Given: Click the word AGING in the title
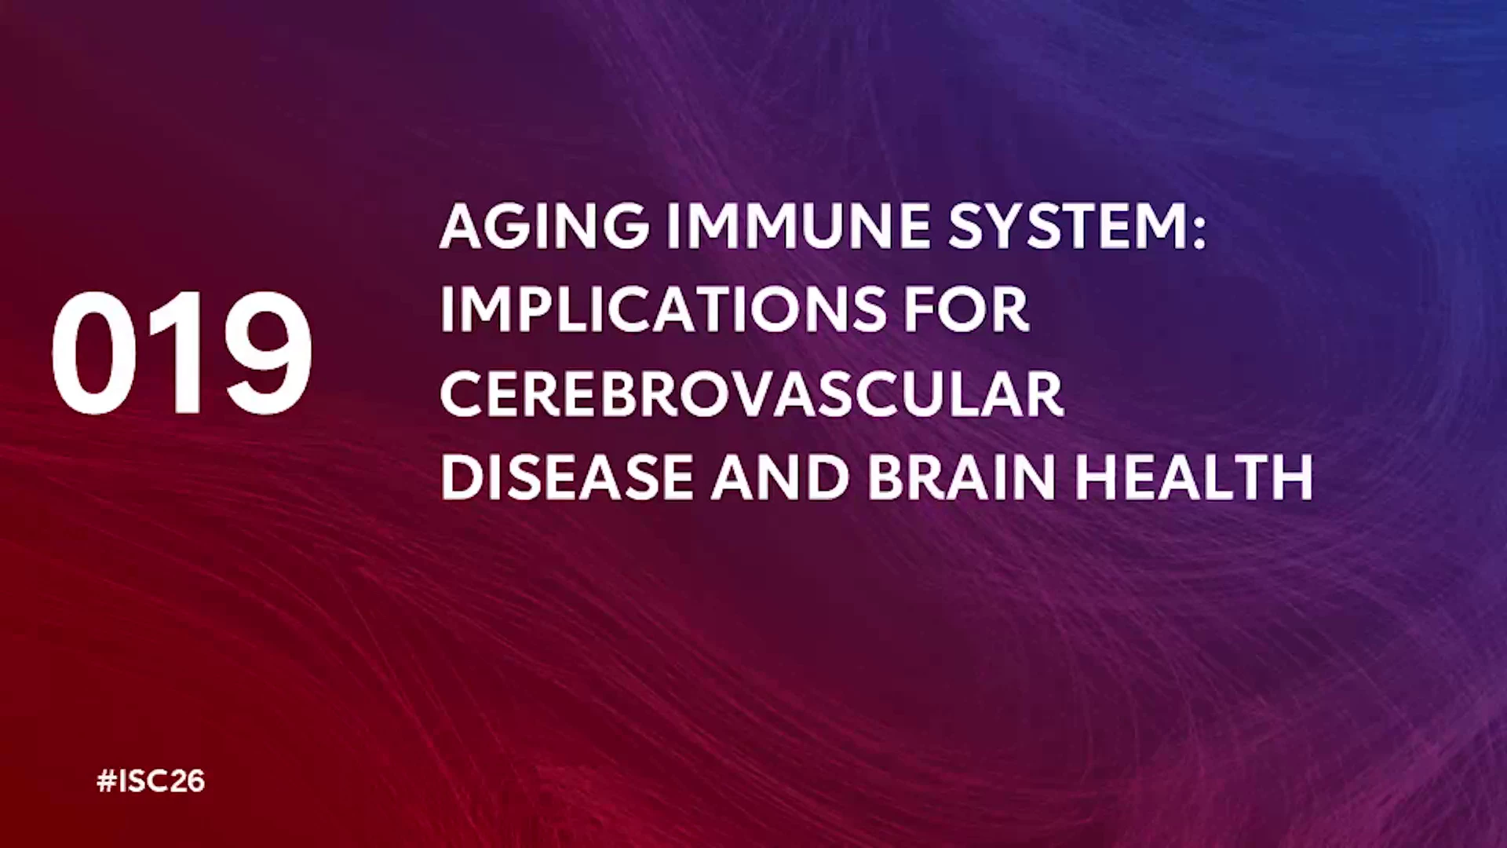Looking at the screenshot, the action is pos(545,226).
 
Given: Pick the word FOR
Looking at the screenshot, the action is pos(966,309).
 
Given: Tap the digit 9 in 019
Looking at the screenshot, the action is pos(268,353).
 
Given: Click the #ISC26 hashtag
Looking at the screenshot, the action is pos(151,781).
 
